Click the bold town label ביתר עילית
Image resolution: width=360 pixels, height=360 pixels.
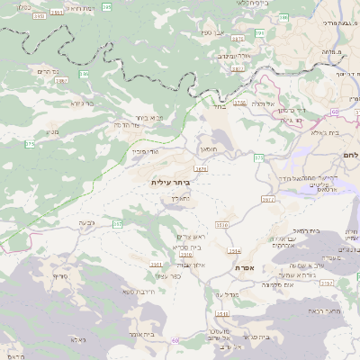pyautogui.click(x=171, y=182)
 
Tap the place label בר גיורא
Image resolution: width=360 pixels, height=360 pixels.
pyautogui.click(x=83, y=103)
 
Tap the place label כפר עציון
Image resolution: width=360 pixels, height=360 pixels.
pyautogui.click(x=168, y=275)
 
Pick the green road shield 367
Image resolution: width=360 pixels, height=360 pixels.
pyautogui.click(x=117, y=221)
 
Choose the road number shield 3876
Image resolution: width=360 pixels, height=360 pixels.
pyautogui.click(x=201, y=168)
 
